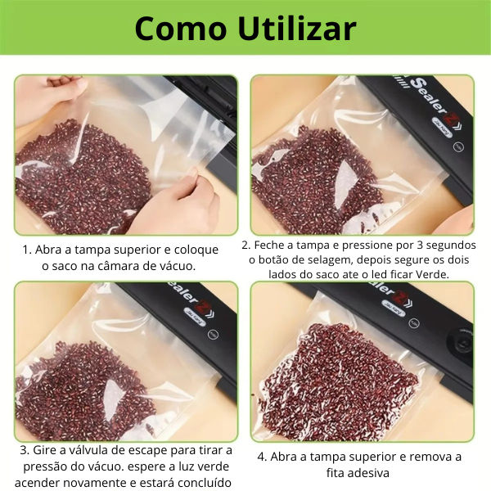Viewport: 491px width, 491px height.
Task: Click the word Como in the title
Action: pos(181,28)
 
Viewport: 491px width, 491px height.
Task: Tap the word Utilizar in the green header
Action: pos(298,28)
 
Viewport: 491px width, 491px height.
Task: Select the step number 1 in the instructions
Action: pos(26,250)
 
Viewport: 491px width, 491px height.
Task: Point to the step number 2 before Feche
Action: pos(245,245)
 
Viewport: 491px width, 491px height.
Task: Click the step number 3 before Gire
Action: pos(22,450)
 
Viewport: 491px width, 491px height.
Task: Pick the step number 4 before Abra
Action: pos(261,457)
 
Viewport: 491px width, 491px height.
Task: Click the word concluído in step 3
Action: pos(200,481)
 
